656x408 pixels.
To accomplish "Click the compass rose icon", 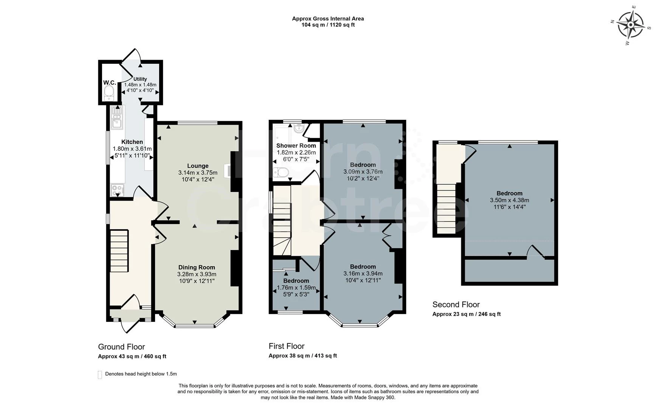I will coord(630,25).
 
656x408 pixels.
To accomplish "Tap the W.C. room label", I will coord(109,82).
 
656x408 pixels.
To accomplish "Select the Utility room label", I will coord(140,79).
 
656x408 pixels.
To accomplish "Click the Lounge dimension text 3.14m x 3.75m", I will coord(198,173).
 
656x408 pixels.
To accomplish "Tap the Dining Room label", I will coord(197,267).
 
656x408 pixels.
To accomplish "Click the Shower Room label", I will coord(296,145).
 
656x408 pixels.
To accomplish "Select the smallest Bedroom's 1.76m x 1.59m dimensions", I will coord(296,287).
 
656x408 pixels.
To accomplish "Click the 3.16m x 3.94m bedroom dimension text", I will coord(363,274).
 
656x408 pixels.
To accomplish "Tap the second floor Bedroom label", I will coord(509,193).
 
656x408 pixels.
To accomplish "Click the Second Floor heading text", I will coord(456,304).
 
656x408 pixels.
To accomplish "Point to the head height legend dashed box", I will coord(100,374).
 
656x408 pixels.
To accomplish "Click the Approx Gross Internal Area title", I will coord(328,19).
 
